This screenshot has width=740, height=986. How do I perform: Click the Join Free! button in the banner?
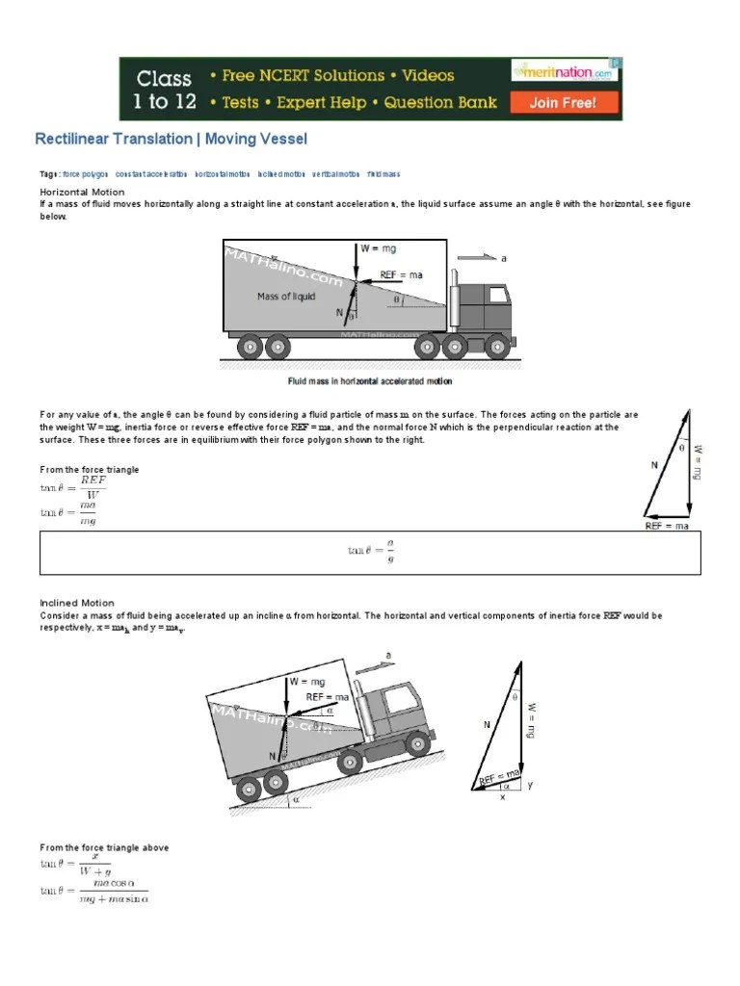[x=563, y=102]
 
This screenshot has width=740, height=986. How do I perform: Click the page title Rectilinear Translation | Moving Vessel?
[x=172, y=139]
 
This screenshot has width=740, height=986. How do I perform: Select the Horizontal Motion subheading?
[x=76, y=192]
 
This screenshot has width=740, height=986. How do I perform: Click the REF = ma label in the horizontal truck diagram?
[x=401, y=274]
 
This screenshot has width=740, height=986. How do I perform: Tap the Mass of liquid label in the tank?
[x=286, y=297]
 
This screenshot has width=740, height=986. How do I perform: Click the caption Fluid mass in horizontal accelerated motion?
[x=371, y=381]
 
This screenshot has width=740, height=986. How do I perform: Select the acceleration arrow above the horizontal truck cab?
[x=476, y=258]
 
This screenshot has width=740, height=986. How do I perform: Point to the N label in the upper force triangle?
[x=654, y=465]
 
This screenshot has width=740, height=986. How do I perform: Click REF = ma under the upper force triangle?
[x=667, y=527]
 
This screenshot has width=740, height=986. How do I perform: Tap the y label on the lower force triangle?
[x=529, y=785]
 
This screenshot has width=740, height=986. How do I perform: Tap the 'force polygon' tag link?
[x=85, y=174]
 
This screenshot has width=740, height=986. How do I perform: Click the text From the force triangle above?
[x=104, y=847]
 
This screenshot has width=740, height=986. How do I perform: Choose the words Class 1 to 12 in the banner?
[x=163, y=89]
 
